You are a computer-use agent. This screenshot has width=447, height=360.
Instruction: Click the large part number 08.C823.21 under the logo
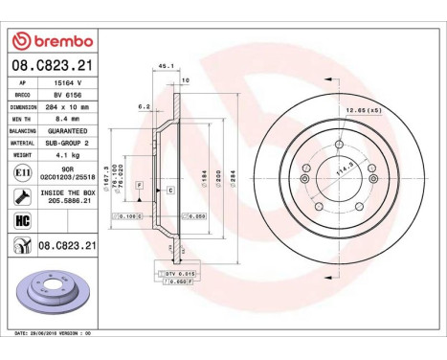click(x=52, y=65)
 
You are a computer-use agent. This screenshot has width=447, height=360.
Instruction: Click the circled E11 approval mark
click(x=21, y=172)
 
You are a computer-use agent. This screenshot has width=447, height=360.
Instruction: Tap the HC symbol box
click(x=21, y=222)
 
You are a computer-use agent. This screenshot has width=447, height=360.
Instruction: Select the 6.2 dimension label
click(x=145, y=106)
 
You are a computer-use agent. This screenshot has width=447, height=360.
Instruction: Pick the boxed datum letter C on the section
click(x=170, y=191)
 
